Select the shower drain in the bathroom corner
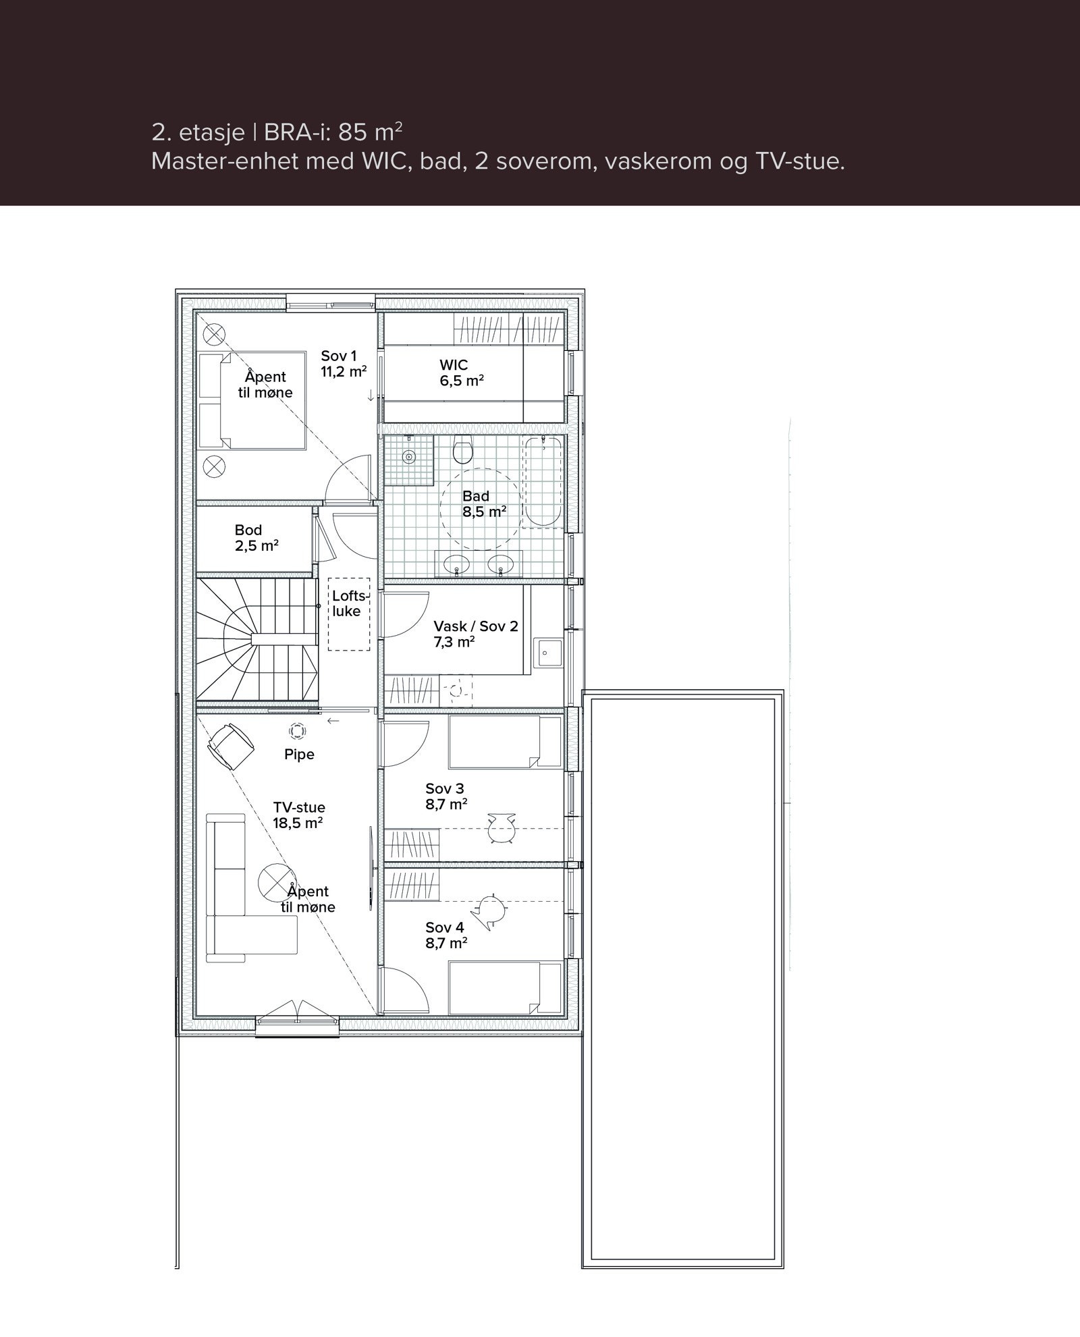[408, 457]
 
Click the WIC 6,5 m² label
[461, 373]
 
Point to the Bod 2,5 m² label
[256, 538]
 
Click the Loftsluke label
[347, 603]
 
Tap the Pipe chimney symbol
[297, 730]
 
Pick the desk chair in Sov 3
[501, 828]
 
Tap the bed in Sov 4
[505, 988]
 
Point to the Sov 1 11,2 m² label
[344, 363]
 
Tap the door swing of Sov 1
[348, 480]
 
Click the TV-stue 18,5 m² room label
[298, 815]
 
